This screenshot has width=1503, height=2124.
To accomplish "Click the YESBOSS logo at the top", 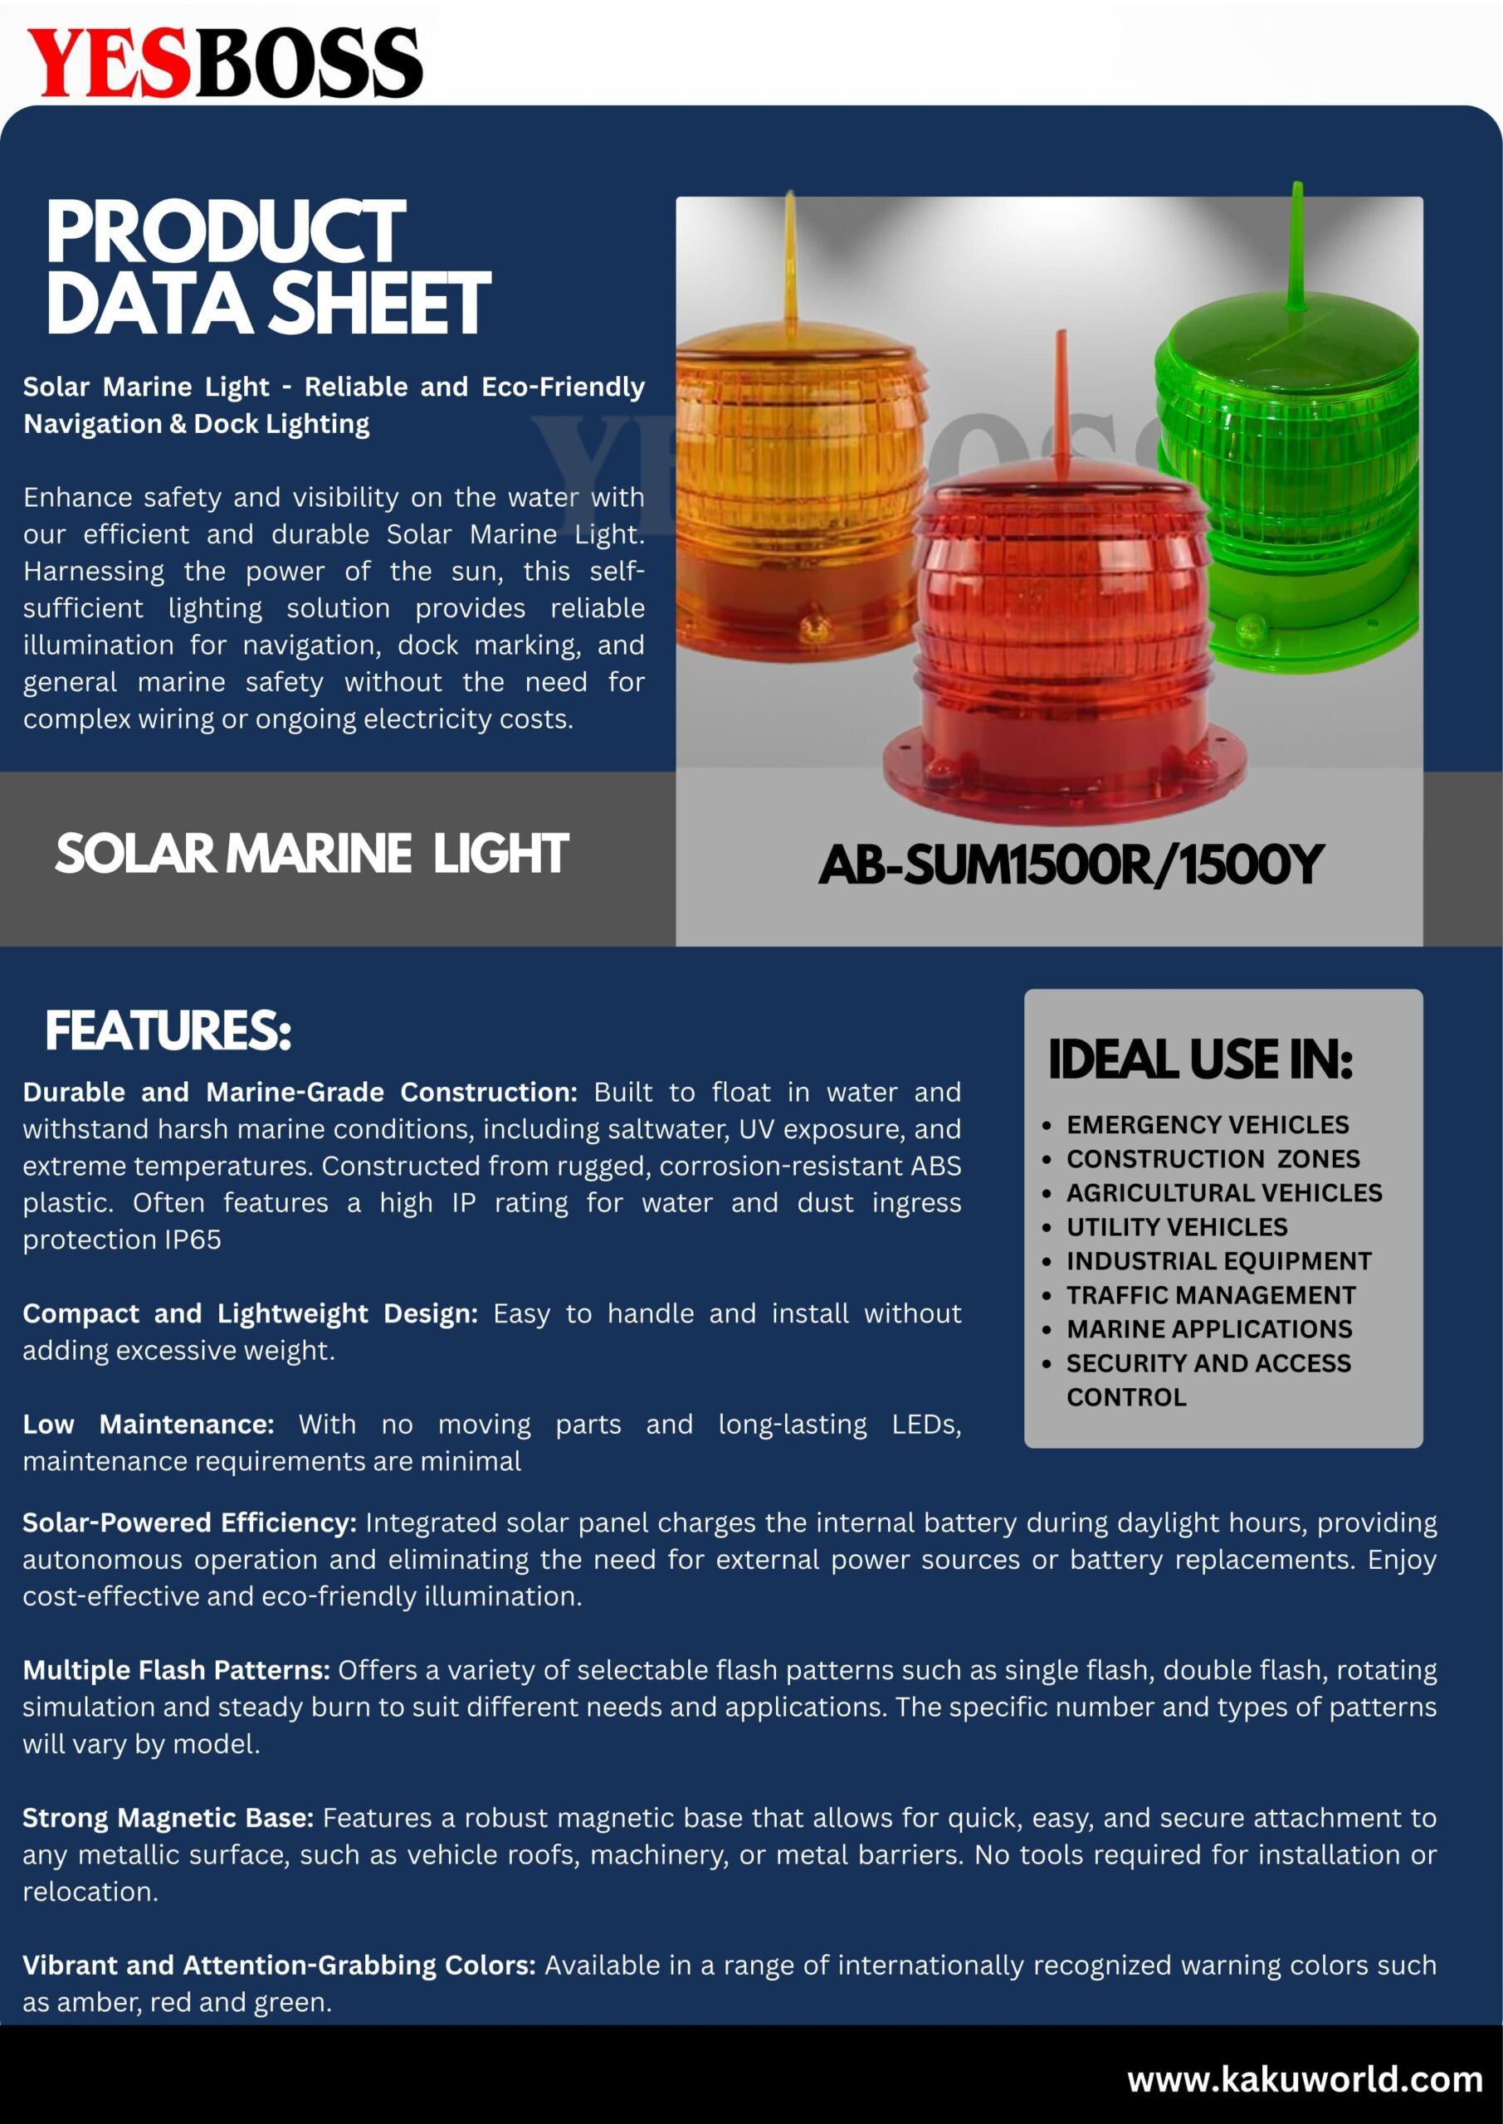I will pos(225,62).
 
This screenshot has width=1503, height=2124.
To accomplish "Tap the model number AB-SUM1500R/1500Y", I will pos(1071,865).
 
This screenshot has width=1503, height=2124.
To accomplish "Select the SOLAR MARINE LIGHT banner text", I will pos(311,853).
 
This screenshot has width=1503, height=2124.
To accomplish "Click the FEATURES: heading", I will pos(168,1030).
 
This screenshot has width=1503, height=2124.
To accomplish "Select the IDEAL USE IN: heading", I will pos(1199,1060).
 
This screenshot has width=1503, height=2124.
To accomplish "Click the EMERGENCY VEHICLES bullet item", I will pos(1207,1125).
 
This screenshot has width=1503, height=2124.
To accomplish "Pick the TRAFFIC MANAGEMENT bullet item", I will pos(1211,1295).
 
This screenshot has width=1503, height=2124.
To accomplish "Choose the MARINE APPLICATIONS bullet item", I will pos(1208,1329).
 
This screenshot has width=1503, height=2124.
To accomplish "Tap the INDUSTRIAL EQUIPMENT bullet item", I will pos(1218,1261).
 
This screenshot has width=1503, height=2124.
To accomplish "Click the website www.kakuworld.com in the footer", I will pos(1304,2079).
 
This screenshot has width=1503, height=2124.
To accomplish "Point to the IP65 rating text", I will pos(193,1240).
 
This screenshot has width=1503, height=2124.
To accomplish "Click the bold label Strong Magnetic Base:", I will pos(168,1818).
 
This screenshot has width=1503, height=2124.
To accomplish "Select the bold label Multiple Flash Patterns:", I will pos(176,1670).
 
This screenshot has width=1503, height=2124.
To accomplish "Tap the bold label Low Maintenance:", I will pos(148,1425).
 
